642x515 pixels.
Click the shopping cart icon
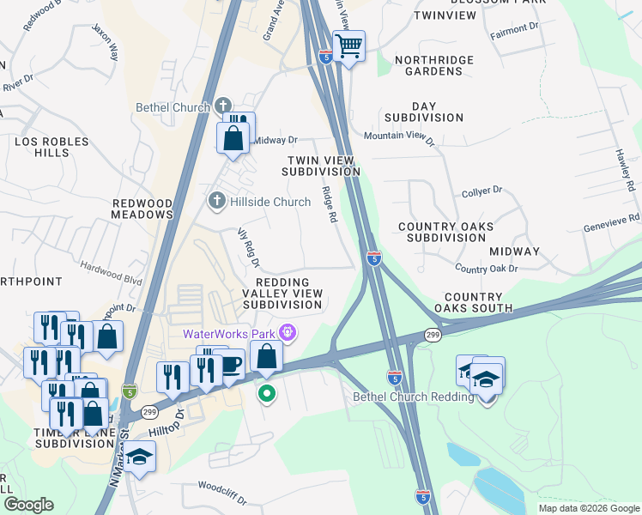pyautogui.click(x=349, y=45)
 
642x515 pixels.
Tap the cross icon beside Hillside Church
pyautogui.click(x=216, y=202)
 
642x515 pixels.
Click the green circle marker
pyautogui.click(x=267, y=394)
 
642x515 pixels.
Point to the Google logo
pyautogui.click(x=28, y=505)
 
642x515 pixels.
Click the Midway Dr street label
pyautogui.click(x=275, y=140)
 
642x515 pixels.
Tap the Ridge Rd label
pyautogui.click(x=329, y=206)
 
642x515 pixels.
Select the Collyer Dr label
pyautogui.click(x=481, y=193)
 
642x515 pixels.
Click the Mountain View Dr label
pyautogui.click(x=399, y=136)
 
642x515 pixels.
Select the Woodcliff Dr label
pyautogui.click(x=222, y=497)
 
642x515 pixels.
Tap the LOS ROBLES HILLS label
pyautogui.click(x=41, y=146)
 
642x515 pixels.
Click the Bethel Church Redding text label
pyautogui.click(x=414, y=397)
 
